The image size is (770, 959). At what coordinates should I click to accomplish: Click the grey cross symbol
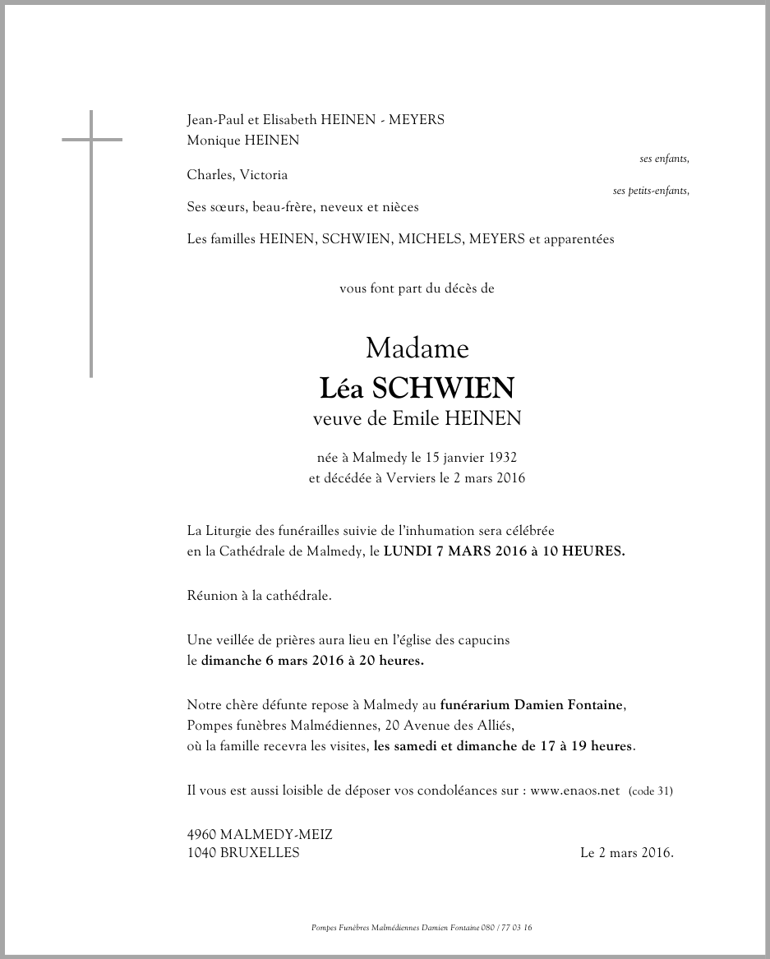(x=91, y=140)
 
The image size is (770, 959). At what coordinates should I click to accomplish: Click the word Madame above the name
(x=417, y=348)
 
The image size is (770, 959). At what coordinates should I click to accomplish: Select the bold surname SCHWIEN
(x=444, y=387)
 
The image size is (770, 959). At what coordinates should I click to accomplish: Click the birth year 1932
(x=500, y=457)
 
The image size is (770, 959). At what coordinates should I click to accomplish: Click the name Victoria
(x=262, y=175)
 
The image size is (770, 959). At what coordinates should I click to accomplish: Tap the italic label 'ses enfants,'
(x=664, y=159)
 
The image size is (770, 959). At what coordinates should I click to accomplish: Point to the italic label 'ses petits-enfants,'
(x=651, y=191)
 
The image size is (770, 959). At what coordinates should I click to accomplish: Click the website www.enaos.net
(x=574, y=791)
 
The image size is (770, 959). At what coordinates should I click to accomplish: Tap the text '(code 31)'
(x=650, y=791)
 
